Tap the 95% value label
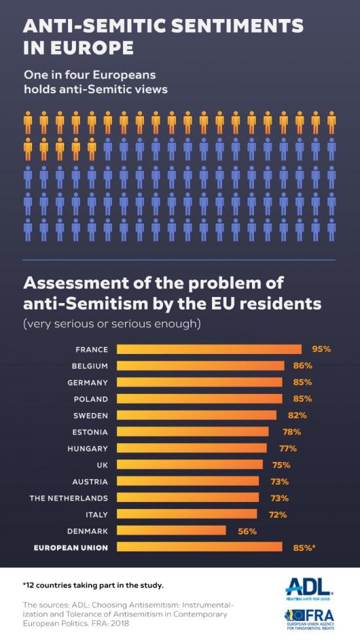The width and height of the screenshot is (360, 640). (x=321, y=349)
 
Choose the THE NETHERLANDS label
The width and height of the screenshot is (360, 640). (x=69, y=498)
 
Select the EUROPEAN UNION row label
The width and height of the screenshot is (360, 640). (x=71, y=547)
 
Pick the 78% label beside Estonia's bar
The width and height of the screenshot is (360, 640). (x=291, y=431)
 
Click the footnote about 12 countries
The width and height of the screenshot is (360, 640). (x=93, y=584)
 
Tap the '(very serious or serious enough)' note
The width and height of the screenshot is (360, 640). (x=111, y=323)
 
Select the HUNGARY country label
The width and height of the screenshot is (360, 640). (x=88, y=448)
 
